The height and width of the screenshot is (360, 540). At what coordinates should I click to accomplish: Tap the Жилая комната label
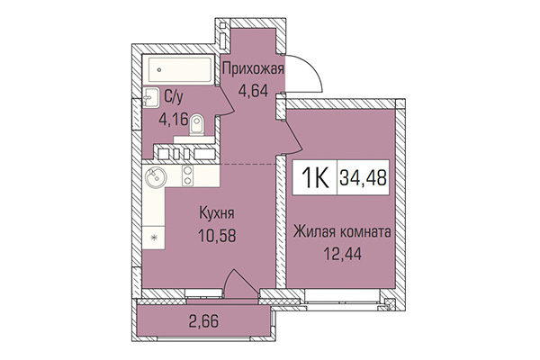pyautogui.click(x=341, y=231)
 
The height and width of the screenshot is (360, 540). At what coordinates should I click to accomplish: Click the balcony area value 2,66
pyautogui.click(x=204, y=319)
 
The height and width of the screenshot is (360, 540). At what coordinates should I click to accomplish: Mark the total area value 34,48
pyautogui.click(x=363, y=177)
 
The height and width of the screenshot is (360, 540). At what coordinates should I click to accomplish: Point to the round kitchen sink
pyautogui.click(x=156, y=177)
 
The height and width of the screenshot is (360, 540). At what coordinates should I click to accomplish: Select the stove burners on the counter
pyautogui.click(x=187, y=170)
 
